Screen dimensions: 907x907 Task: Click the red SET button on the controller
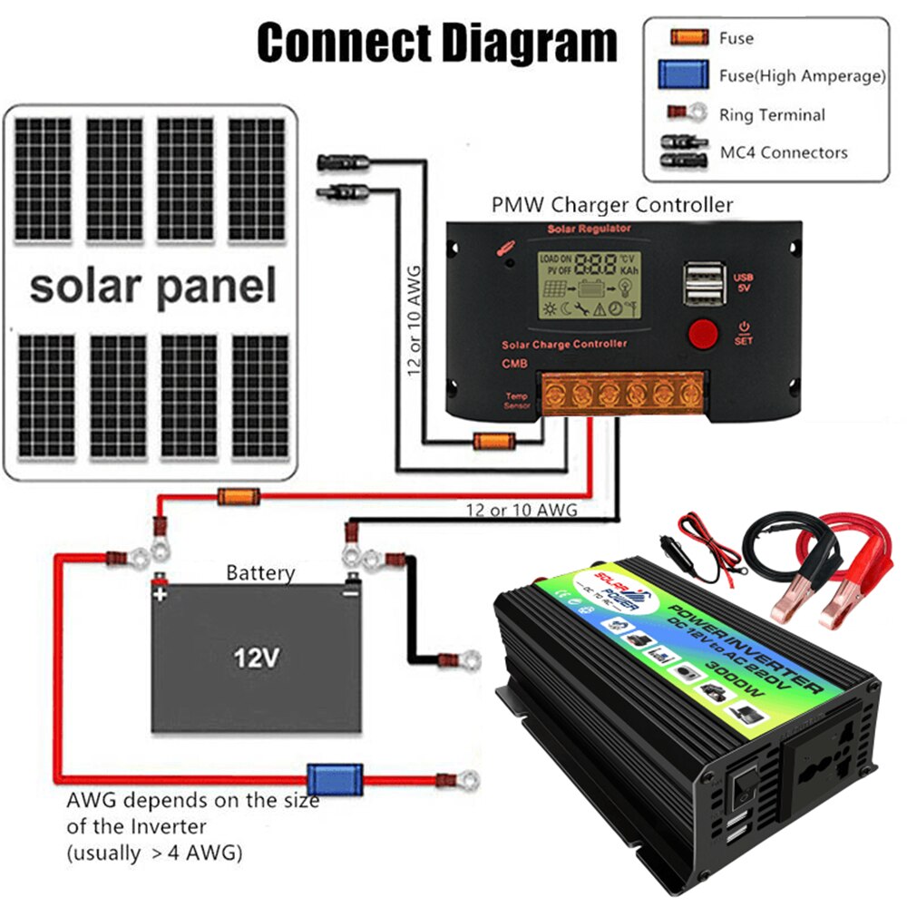coord(703,334)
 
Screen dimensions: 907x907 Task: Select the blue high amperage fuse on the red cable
coord(322,778)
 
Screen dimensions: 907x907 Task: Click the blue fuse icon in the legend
coord(684,75)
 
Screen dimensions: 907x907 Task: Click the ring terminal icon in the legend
coord(688,114)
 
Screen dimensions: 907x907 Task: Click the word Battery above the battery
coord(260,573)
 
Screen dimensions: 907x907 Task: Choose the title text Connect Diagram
coord(436,43)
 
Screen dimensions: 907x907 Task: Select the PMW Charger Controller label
coord(611,205)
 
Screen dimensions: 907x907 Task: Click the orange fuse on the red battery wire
coord(239,496)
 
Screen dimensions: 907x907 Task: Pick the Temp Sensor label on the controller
coord(517,400)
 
